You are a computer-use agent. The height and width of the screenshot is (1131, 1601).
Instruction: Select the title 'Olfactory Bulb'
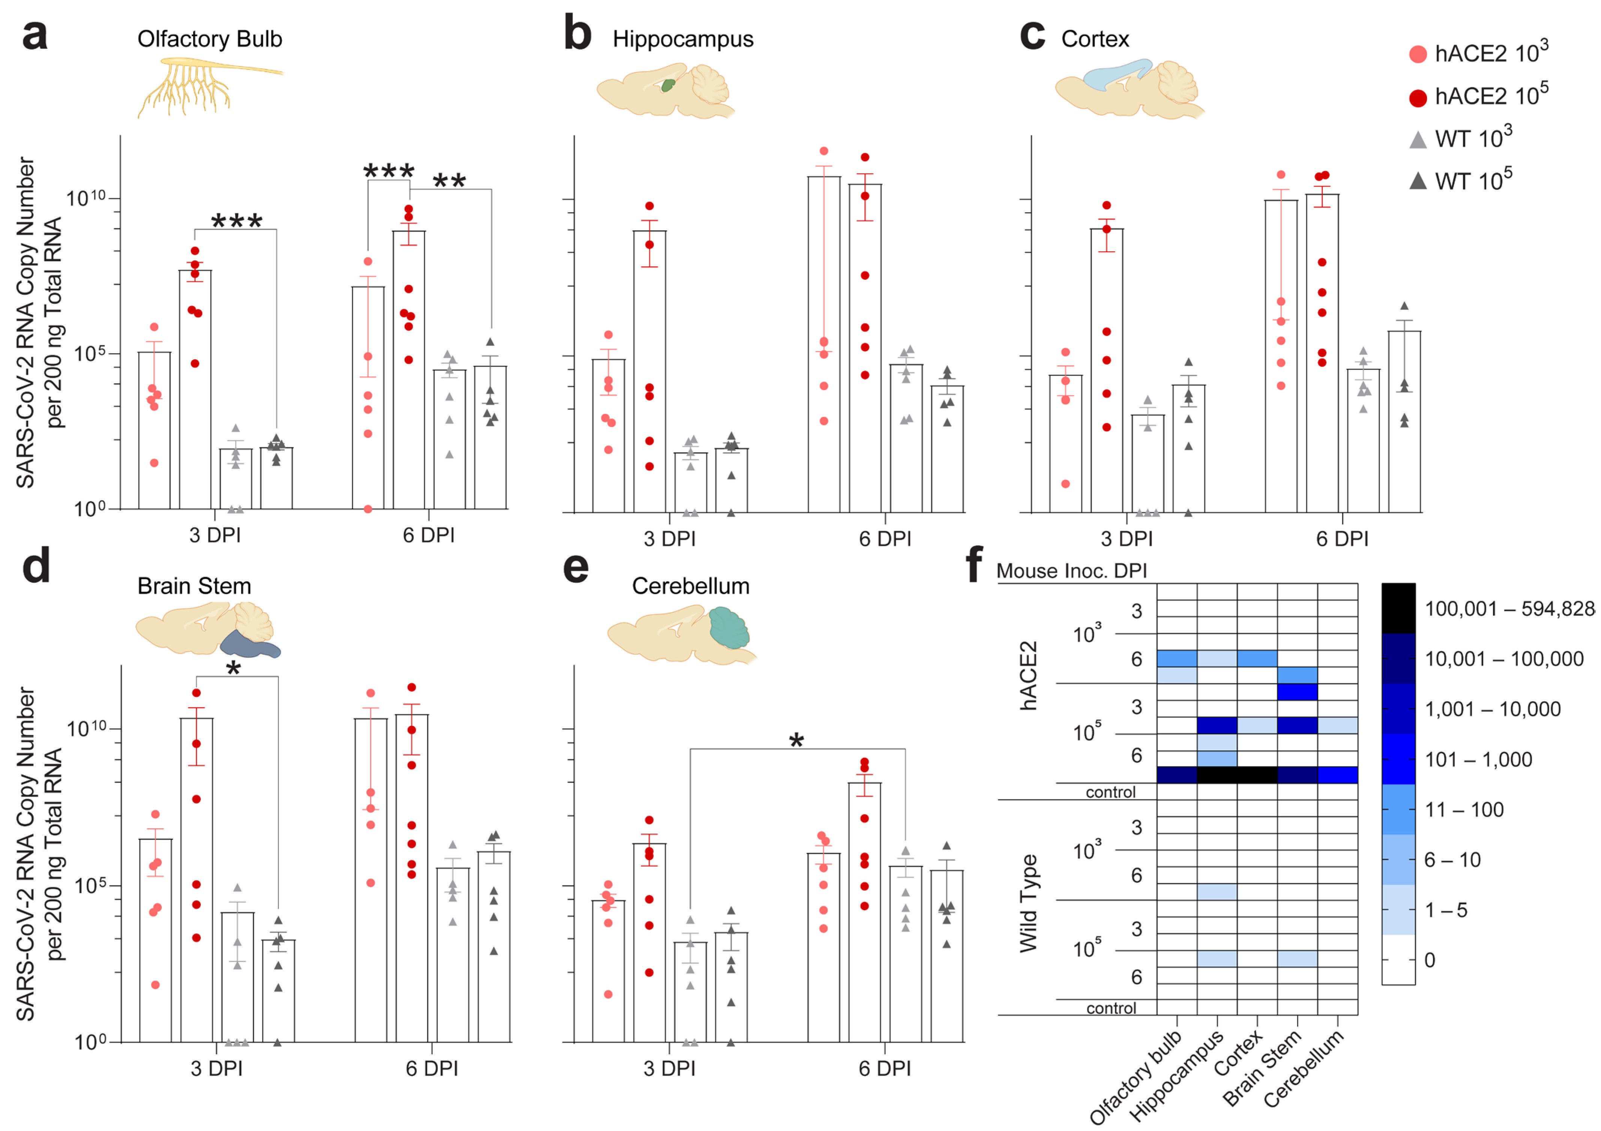(209, 39)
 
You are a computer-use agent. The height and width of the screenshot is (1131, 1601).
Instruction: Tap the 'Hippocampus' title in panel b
(683, 39)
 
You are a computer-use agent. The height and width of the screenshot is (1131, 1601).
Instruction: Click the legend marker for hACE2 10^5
(1418, 97)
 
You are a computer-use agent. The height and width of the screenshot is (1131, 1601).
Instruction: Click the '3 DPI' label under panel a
(215, 535)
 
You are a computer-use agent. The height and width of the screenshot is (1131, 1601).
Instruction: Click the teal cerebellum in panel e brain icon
(729, 627)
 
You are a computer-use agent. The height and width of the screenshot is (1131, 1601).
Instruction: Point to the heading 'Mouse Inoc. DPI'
(1071, 571)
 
